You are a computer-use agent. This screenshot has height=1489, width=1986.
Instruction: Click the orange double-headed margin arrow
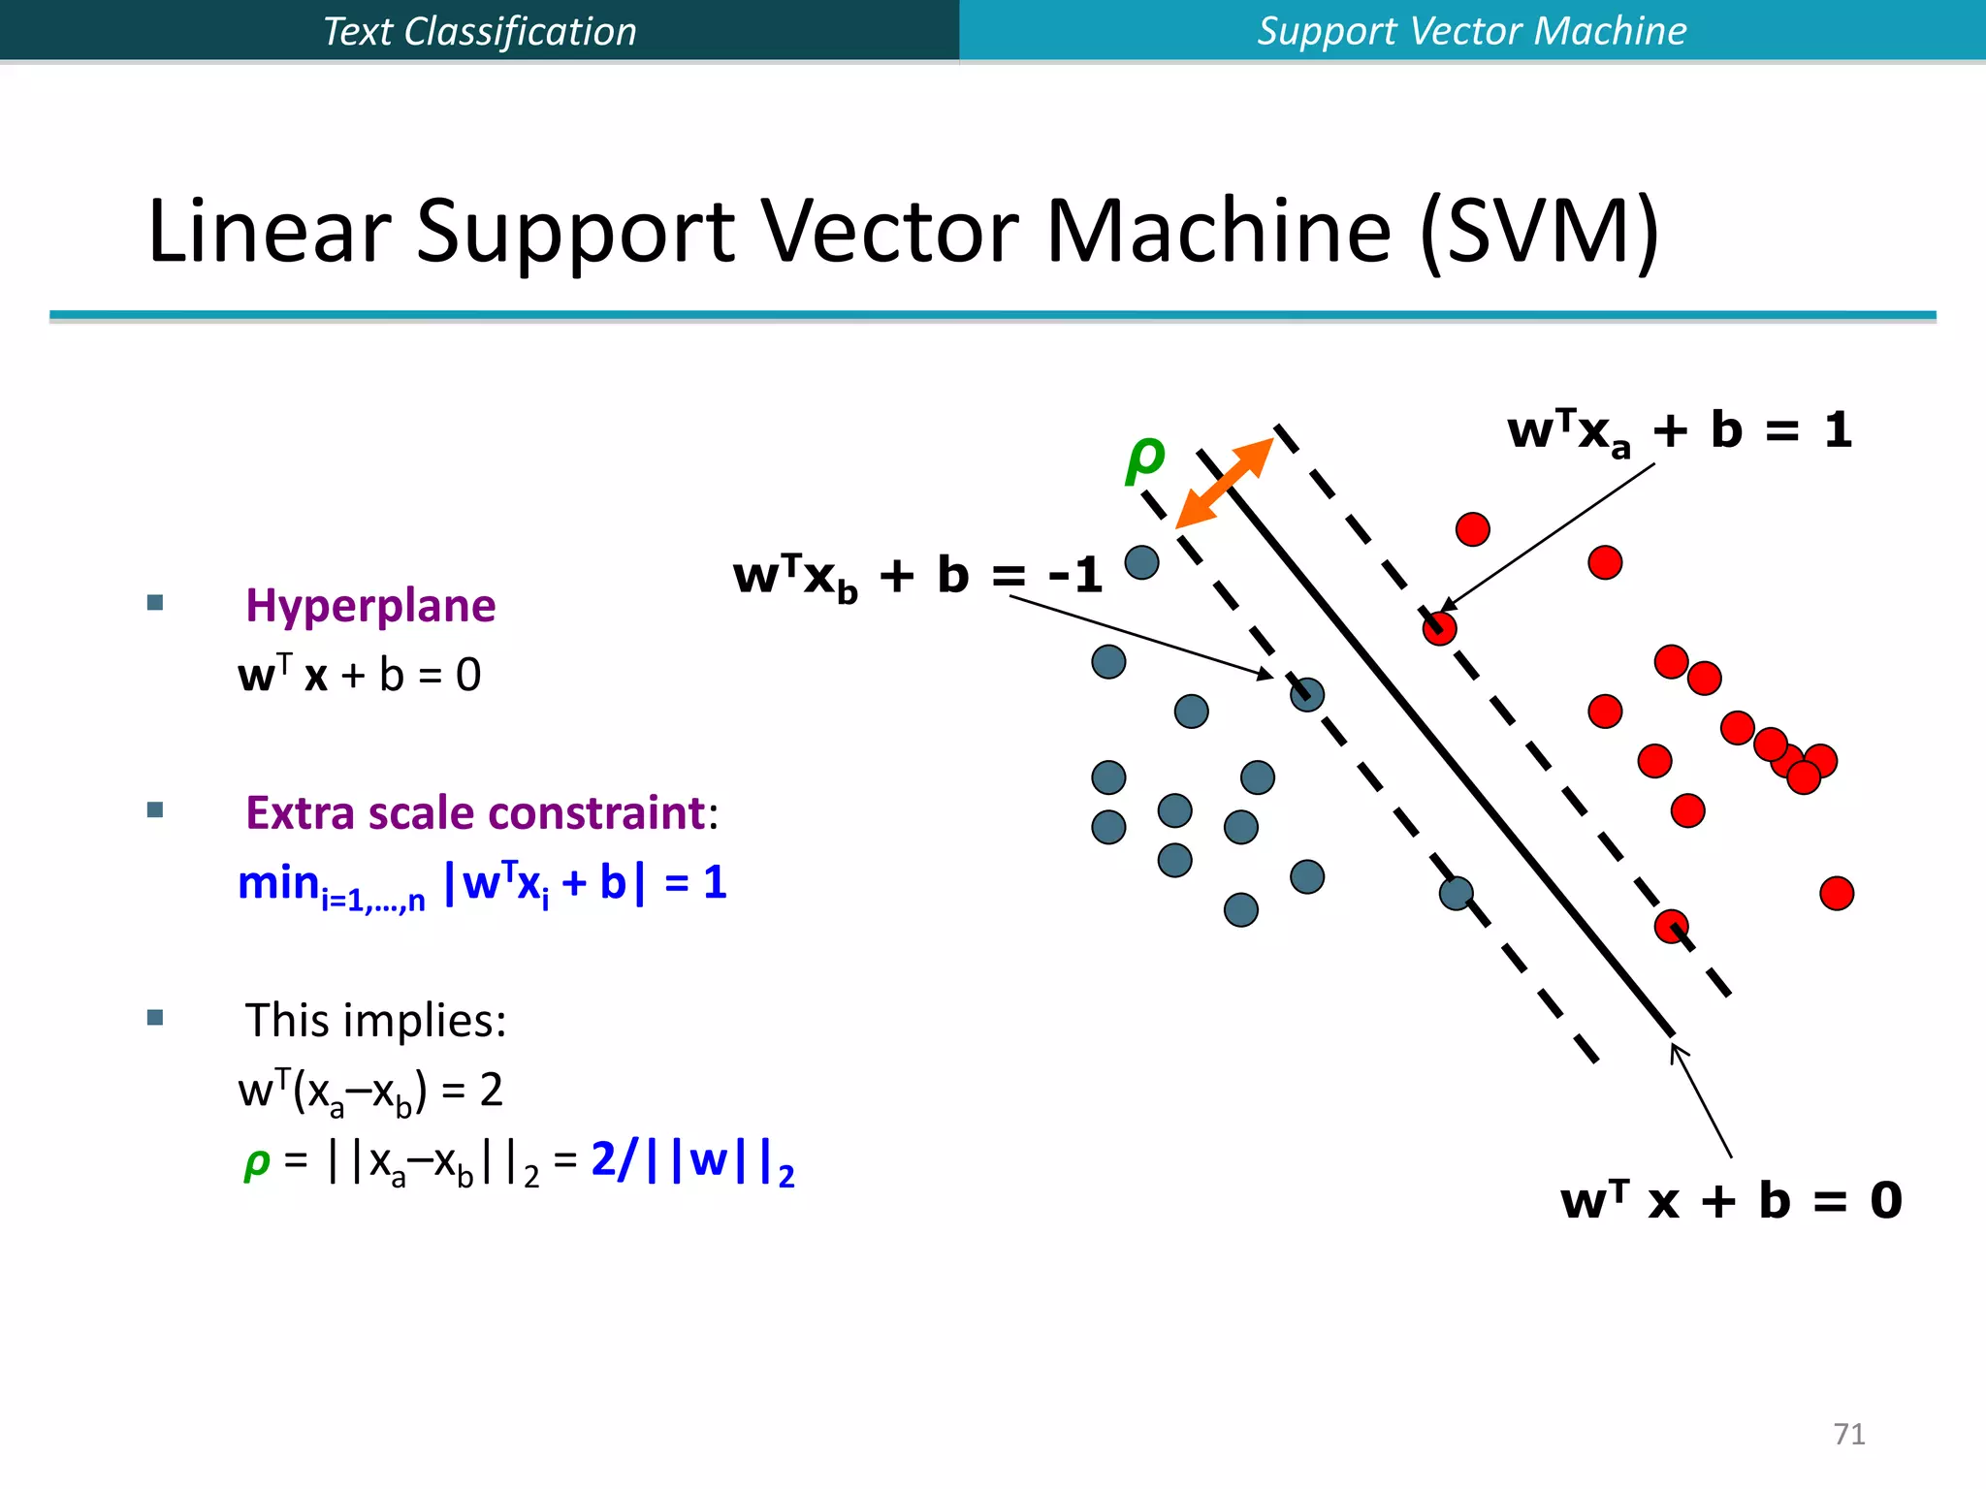[1224, 483]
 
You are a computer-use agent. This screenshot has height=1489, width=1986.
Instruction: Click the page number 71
[1849, 1434]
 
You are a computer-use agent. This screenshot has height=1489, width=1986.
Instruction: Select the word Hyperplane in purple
[370, 606]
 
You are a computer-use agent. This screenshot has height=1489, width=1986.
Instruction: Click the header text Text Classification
[479, 31]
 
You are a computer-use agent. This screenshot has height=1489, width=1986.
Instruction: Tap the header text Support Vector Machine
[1471, 31]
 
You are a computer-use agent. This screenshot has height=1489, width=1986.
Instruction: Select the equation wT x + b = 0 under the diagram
[1731, 1200]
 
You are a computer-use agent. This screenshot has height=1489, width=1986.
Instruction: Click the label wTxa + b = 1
[1679, 430]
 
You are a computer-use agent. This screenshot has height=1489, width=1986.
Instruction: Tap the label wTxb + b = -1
[917, 576]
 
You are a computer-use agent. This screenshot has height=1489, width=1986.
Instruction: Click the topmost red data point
[1472, 529]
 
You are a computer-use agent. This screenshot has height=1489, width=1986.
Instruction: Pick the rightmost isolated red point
[1837, 893]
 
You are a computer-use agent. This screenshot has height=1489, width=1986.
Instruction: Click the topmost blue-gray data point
[1141, 562]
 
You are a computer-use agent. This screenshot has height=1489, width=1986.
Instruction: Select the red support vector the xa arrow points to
[1439, 628]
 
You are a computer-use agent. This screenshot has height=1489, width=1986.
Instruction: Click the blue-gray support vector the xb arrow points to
[1307, 694]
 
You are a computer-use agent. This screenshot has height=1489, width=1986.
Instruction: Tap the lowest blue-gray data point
[1241, 909]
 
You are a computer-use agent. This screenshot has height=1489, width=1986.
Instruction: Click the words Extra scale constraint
[475, 812]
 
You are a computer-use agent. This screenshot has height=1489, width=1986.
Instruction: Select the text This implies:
[375, 1021]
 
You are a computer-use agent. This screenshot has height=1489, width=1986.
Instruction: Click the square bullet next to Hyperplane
[155, 603]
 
